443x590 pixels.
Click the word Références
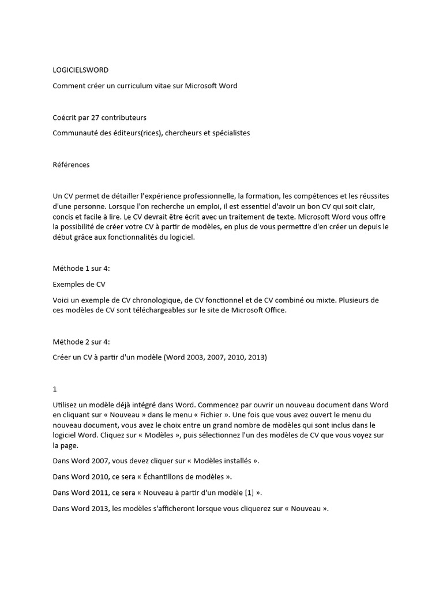coord(71,165)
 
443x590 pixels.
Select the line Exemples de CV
coord(79,284)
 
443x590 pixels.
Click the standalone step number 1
coord(55,389)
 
